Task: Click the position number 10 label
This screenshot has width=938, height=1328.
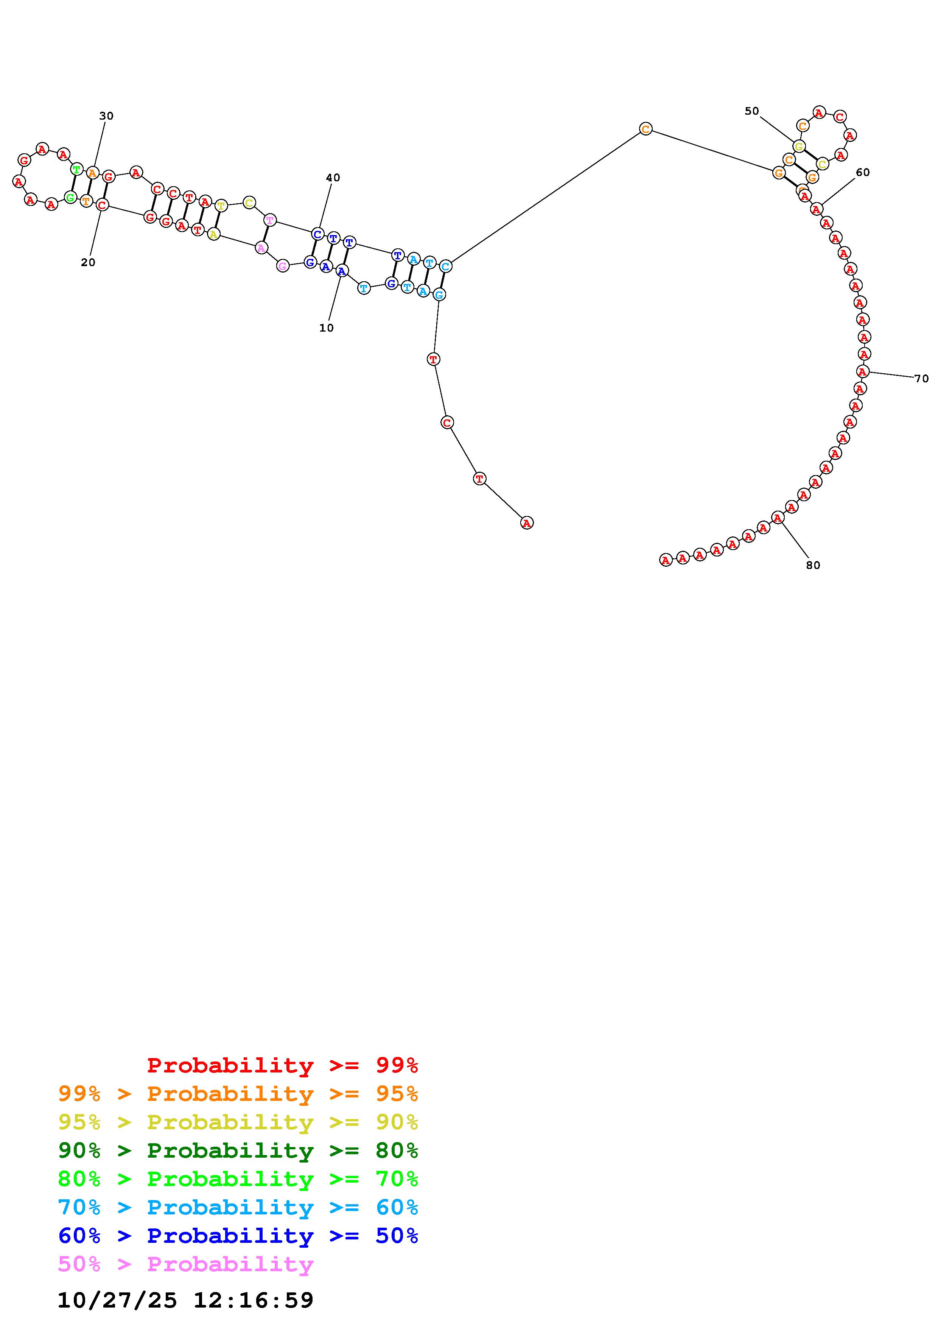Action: click(327, 328)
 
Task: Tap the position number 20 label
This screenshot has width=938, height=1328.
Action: click(88, 263)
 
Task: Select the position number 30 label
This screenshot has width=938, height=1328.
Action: click(106, 116)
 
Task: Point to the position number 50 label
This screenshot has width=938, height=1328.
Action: click(751, 111)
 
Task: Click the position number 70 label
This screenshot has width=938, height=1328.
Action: click(921, 379)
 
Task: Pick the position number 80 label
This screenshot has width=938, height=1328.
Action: click(813, 566)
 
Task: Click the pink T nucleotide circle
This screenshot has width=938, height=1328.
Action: click(270, 220)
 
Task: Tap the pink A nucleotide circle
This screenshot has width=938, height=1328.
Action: click(261, 248)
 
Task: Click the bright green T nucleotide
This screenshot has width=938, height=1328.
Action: click(76, 170)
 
